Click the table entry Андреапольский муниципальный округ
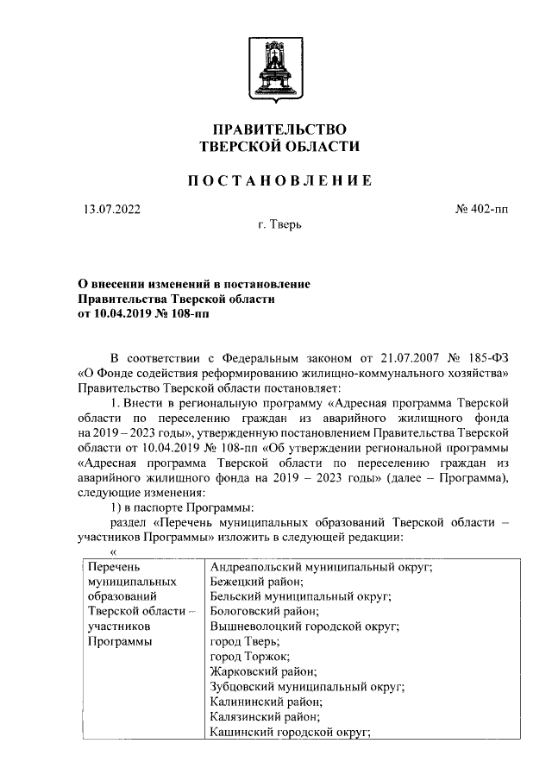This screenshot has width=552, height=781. [321, 567]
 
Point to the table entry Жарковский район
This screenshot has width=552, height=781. [264, 671]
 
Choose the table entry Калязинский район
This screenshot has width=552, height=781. [265, 716]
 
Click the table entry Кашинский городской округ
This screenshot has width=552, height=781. [291, 732]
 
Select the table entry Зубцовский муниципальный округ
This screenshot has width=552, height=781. [308, 687]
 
